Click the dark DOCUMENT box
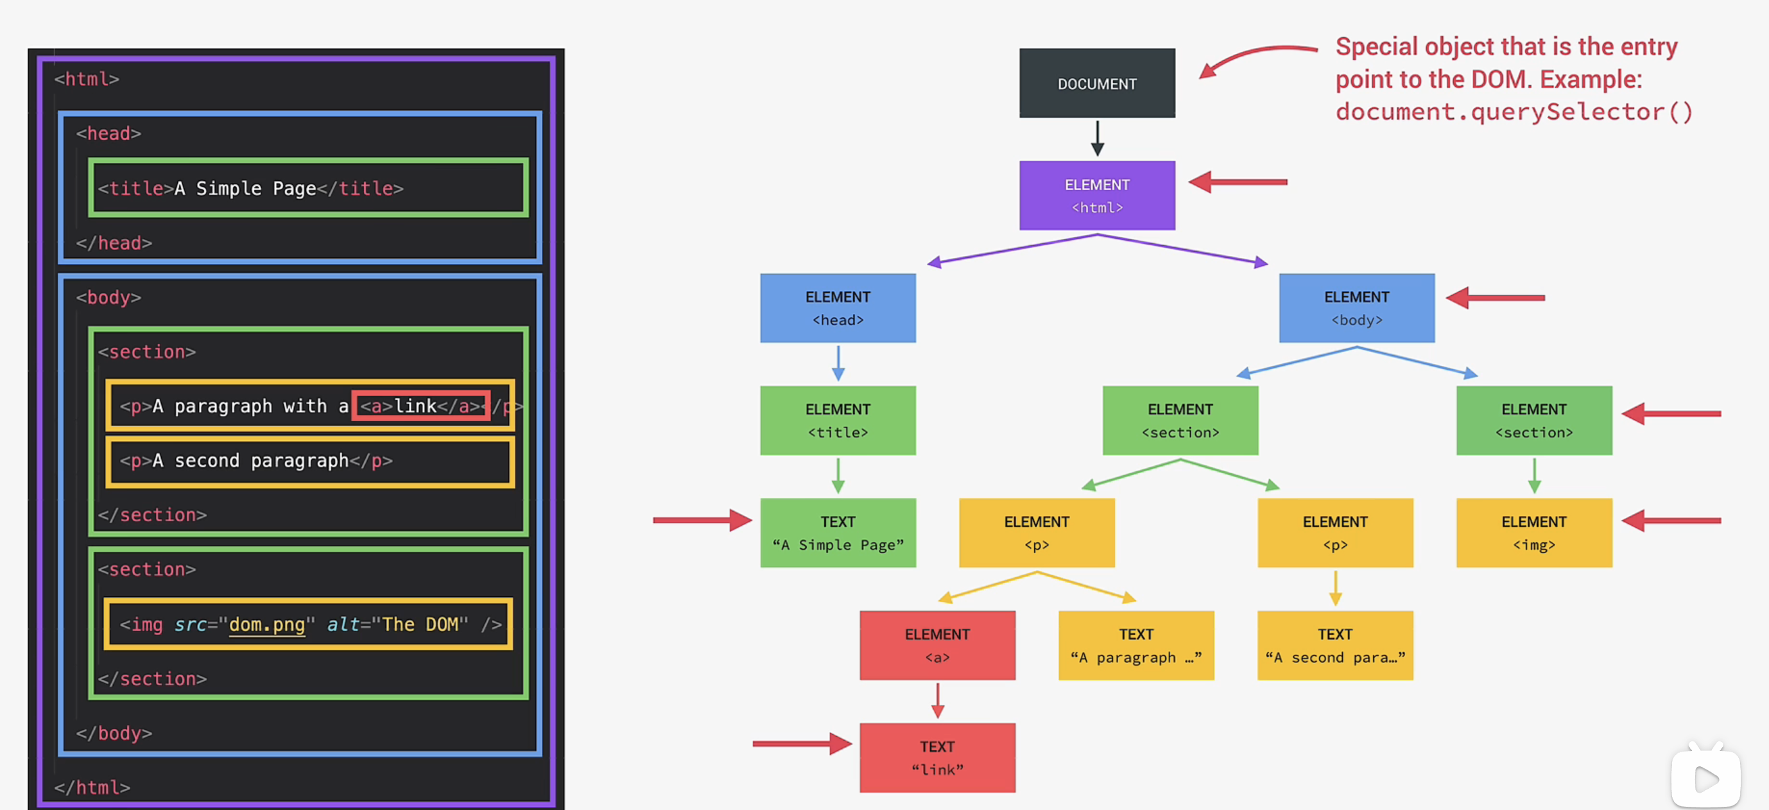click(1097, 83)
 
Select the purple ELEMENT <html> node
click(1097, 196)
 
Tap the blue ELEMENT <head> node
click(838, 308)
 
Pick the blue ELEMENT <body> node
click(1356, 308)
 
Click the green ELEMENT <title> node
click(838, 420)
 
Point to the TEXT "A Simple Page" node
click(838, 533)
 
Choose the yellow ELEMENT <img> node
click(1533, 533)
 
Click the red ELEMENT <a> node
click(937, 645)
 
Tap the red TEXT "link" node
click(937, 758)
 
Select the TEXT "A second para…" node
click(1335, 645)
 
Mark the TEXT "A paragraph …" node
click(1136, 645)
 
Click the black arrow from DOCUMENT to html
click(1098, 139)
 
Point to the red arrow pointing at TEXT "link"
click(802, 743)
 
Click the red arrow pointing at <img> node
click(1671, 521)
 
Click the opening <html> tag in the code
click(87, 79)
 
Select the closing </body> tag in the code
click(114, 733)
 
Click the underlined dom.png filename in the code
click(266, 625)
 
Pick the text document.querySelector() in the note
click(1514, 111)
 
